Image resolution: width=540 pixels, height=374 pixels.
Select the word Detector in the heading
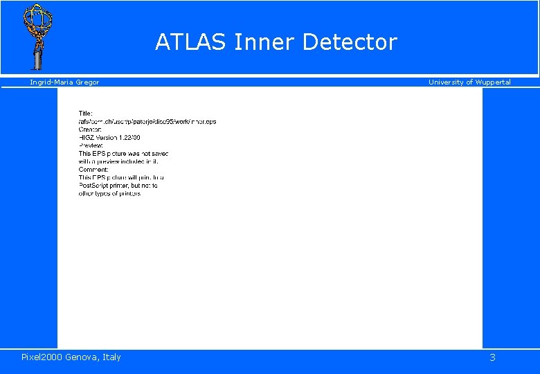click(350, 42)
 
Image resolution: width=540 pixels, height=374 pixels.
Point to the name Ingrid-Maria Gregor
click(64, 82)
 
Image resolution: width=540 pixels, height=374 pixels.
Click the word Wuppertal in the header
click(492, 82)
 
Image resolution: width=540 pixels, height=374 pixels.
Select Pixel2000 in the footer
click(42, 357)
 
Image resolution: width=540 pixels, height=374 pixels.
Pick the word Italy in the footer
click(112, 357)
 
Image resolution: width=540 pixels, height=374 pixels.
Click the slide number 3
click(492, 357)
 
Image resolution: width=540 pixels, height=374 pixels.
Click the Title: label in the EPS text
click(86, 114)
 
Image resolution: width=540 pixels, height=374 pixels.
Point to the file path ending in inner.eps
click(147, 122)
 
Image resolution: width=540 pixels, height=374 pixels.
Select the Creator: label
click(90, 130)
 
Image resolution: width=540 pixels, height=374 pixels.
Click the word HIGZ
click(87, 138)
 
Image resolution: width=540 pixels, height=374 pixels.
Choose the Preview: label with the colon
click(91, 145)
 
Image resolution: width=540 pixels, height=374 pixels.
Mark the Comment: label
click(93, 170)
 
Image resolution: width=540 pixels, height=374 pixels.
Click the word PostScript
click(95, 186)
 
